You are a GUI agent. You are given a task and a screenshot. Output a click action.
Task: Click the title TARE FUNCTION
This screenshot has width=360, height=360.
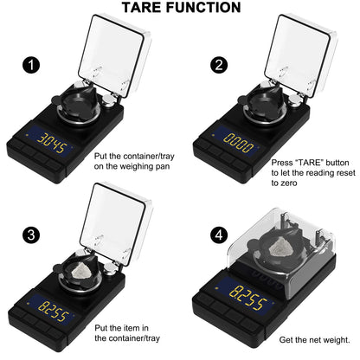coord(180,9)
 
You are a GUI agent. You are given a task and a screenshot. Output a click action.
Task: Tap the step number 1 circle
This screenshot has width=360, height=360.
coord(32,65)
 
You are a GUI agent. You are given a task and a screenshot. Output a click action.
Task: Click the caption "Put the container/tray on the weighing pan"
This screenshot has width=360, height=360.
coord(132,160)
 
